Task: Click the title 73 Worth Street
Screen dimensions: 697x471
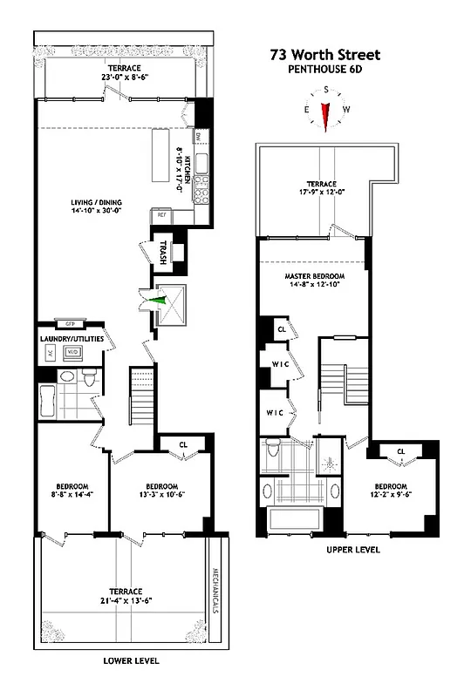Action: point(324,55)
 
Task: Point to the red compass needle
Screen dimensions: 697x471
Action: point(325,115)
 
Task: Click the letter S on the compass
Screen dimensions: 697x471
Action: point(325,90)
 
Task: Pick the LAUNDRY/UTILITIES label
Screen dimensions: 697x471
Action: point(72,337)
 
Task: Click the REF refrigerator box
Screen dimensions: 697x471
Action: point(161,213)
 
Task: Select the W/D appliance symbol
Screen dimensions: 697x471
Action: point(74,353)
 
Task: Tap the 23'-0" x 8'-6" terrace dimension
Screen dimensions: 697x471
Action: point(125,77)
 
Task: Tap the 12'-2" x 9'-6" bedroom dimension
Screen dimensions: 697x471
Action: point(391,495)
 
